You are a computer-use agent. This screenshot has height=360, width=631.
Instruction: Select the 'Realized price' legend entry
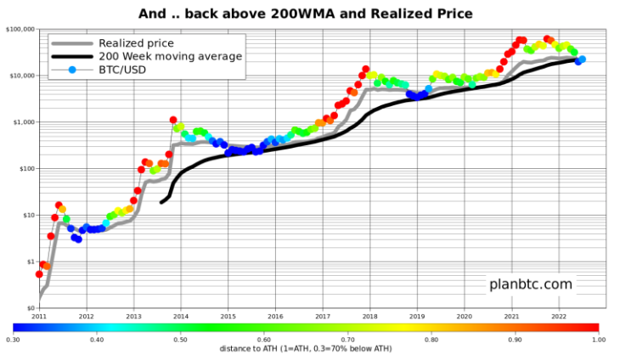click(137, 42)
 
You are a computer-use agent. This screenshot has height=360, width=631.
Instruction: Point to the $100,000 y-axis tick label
click(19, 29)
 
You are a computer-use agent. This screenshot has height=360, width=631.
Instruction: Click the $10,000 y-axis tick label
click(20, 76)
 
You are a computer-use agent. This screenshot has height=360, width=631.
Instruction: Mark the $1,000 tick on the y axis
click(22, 122)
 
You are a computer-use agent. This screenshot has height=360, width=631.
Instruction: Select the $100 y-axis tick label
click(25, 169)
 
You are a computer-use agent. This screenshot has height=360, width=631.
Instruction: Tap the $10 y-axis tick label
click(26, 216)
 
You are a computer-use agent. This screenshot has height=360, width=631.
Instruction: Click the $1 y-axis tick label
click(28, 262)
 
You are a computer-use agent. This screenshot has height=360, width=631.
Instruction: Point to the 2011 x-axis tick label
click(39, 316)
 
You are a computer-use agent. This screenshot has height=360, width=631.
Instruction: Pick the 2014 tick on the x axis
click(181, 316)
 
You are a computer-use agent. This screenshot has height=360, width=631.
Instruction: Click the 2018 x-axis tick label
click(369, 316)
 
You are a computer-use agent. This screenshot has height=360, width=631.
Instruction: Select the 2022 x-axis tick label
click(558, 316)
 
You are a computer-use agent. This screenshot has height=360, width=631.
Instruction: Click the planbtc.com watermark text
click(530, 284)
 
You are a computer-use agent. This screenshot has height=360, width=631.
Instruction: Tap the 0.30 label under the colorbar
click(13, 339)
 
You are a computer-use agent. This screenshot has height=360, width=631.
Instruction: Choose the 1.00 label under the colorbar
click(599, 339)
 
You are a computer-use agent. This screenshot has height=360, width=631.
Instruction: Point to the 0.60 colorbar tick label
click(264, 339)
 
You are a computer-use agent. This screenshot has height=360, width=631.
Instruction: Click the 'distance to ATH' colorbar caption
click(306, 348)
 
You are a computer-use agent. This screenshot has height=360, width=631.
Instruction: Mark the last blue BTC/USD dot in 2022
click(582, 59)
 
